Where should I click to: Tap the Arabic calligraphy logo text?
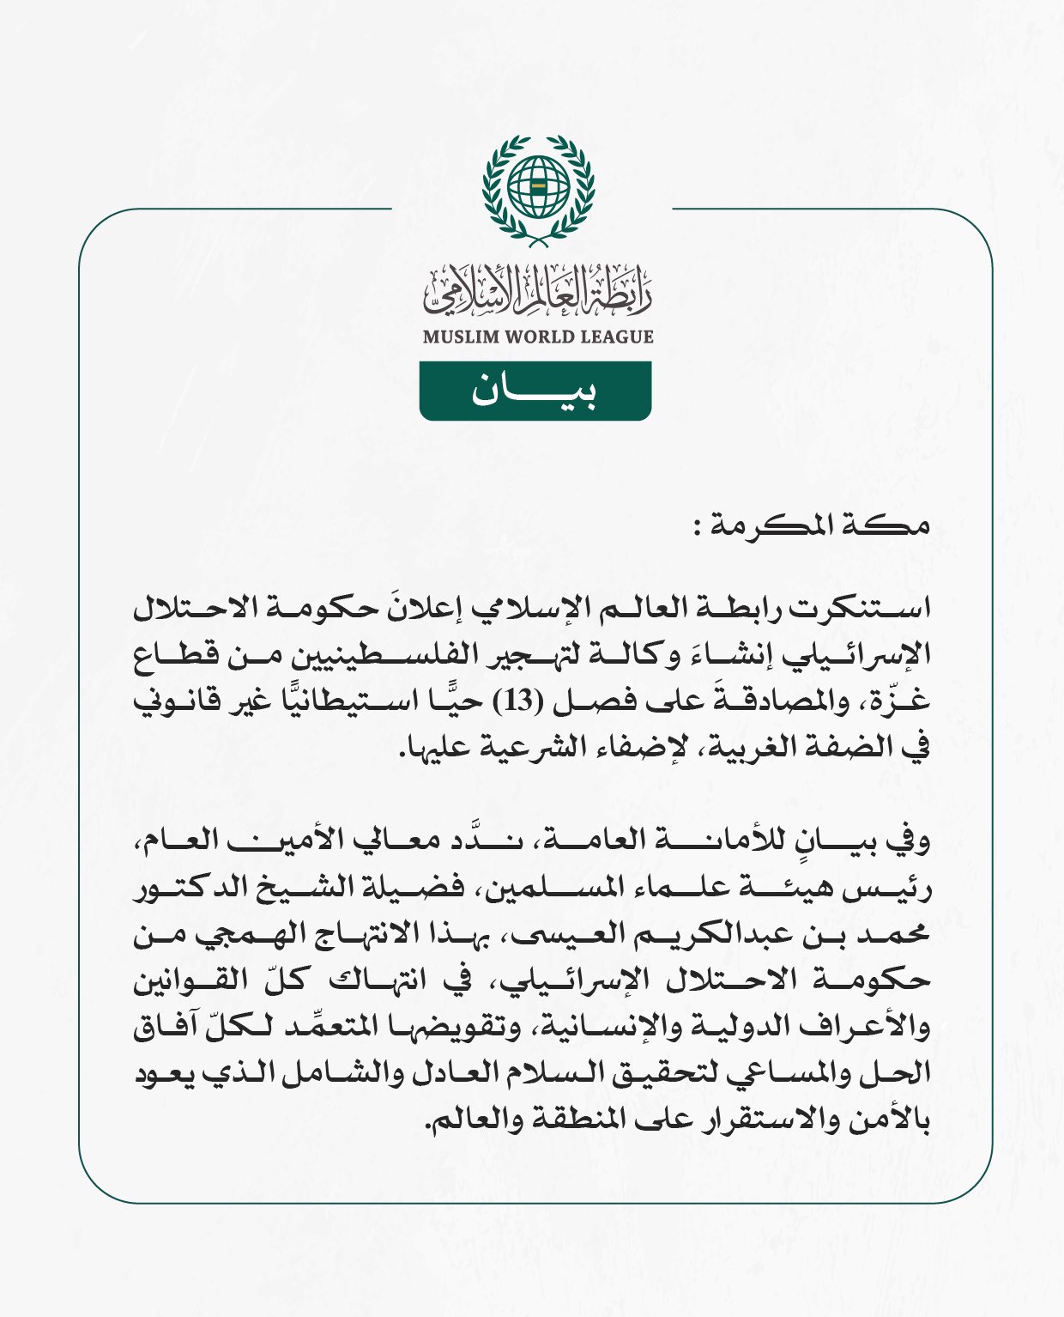click(x=537, y=289)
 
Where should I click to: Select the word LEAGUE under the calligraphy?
click(x=617, y=337)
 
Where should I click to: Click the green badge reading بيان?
click(x=535, y=391)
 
